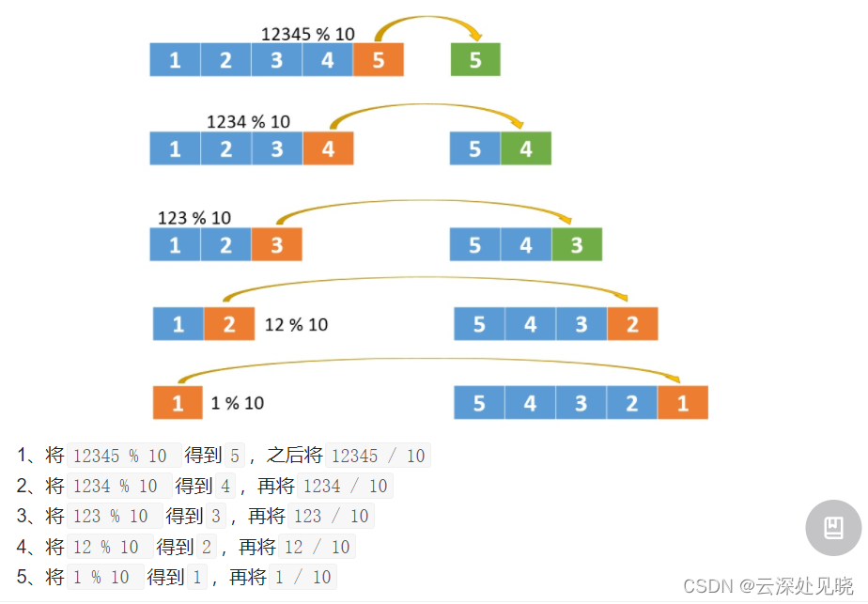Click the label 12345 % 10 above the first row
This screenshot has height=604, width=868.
[307, 34]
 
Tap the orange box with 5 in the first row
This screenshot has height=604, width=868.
[378, 60]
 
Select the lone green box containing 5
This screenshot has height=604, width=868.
[475, 60]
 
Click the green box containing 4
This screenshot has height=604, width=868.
[525, 148]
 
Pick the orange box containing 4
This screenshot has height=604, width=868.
[328, 148]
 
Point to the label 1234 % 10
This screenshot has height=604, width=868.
[248, 121]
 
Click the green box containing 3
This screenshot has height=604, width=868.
[576, 244]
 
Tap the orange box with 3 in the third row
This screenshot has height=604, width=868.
[276, 244]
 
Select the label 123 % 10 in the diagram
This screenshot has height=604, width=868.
[194, 218]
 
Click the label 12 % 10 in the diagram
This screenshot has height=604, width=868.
[296, 324]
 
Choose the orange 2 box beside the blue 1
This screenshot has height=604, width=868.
[229, 324]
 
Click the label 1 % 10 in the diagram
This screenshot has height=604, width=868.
[237, 403]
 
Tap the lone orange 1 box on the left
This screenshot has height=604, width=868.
[178, 403]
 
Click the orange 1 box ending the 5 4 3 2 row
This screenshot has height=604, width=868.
[682, 403]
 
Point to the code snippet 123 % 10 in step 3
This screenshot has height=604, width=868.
[112, 517]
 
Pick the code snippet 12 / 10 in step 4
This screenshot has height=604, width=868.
[317, 547]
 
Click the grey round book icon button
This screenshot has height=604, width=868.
[833, 528]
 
